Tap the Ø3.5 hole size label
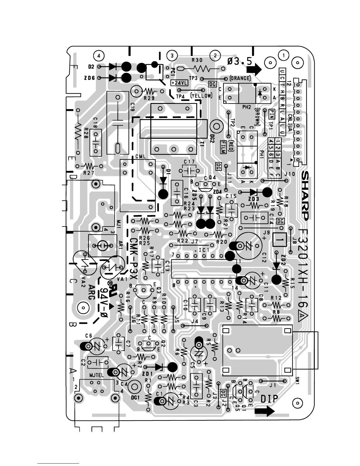[x=240, y=61]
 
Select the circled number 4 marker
[x=99, y=55]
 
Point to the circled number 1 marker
[x=284, y=55]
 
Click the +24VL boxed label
[x=179, y=83]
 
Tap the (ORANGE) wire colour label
[x=240, y=79]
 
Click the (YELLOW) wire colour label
[x=201, y=96]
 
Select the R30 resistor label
[x=197, y=60]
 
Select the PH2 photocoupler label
[x=246, y=107]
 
